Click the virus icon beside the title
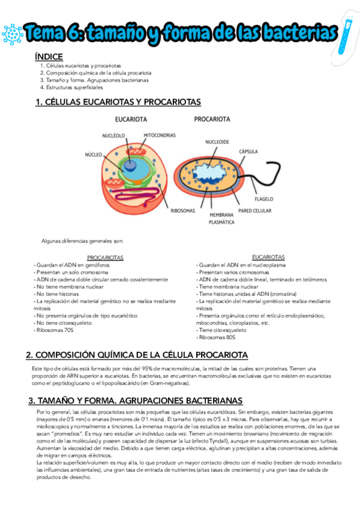click(12, 34)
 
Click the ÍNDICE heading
click(49, 56)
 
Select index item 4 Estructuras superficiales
click(73, 87)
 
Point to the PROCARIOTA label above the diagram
click(212, 119)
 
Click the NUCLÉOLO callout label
click(113, 136)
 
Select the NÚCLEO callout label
click(93, 155)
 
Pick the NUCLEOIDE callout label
click(218, 142)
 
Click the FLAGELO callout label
click(264, 199)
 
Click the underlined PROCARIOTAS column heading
click(105, 258)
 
